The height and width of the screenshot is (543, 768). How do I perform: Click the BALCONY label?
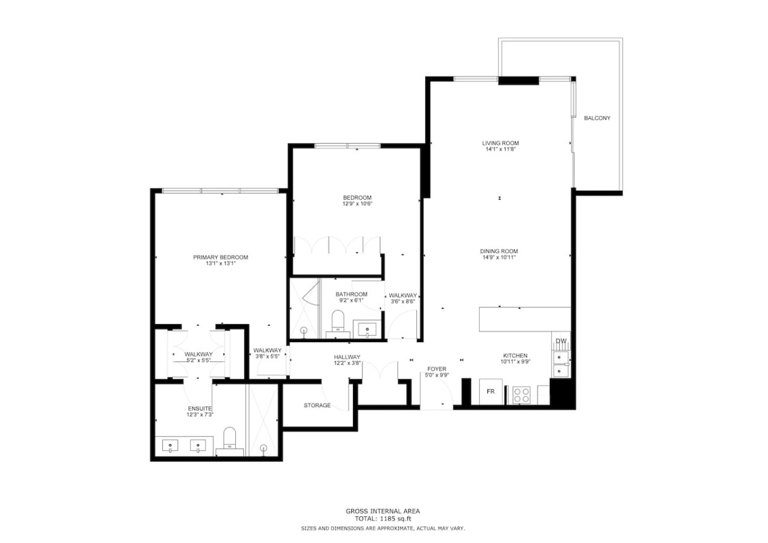597,118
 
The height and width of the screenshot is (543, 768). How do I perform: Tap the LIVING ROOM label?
500,143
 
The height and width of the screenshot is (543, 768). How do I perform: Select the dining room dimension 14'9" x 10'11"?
498,257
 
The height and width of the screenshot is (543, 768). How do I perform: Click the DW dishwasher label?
561,341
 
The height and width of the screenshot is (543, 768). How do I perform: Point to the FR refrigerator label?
490,392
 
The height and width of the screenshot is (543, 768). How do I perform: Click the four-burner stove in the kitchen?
521,395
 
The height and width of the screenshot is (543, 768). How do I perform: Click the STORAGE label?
317,405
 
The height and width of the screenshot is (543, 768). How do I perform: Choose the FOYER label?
437,369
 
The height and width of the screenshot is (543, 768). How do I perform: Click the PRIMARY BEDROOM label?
220,257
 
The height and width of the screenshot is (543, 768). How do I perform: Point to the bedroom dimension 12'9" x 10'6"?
357,204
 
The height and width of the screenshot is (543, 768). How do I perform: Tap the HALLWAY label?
347,357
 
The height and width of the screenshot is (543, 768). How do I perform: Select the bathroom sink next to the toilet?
367,330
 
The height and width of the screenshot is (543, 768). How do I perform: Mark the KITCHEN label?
515,355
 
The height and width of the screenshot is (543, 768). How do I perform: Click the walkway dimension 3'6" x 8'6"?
403,302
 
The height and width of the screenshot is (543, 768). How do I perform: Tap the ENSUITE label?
200,408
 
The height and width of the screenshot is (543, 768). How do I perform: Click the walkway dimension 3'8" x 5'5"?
267,357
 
